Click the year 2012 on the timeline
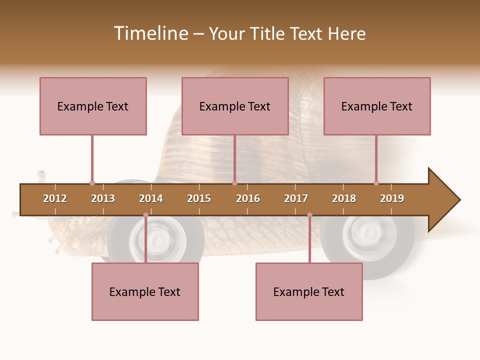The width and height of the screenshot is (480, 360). click(x=55, y=198)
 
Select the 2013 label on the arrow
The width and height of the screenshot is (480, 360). click(x=103, y=198)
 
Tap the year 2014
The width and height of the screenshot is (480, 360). click(x=151, y=198)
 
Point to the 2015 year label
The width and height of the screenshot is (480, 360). click(x=199, y=198)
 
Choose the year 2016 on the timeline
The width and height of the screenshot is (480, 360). click(x=248, y=198)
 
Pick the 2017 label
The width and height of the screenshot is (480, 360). click(x=296, y=198)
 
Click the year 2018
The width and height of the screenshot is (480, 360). click(x=344, y=198)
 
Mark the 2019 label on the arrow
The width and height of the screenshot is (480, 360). click(x=392, y=198)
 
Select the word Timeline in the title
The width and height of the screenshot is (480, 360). click(x=150, y=33)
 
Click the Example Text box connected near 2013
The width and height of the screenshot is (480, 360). click(x=93, y=106)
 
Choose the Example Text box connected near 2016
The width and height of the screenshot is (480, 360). click(x=235, y=106)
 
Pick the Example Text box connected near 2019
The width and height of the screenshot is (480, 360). click(x=377, y=106)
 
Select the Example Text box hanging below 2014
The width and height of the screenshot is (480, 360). click(x=145, y=291)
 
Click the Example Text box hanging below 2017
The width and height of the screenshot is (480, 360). click(x=309, y=291)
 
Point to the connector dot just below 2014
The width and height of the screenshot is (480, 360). click(x=145, y=215)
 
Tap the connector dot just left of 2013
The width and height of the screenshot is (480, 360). click(x=92, y=183)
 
